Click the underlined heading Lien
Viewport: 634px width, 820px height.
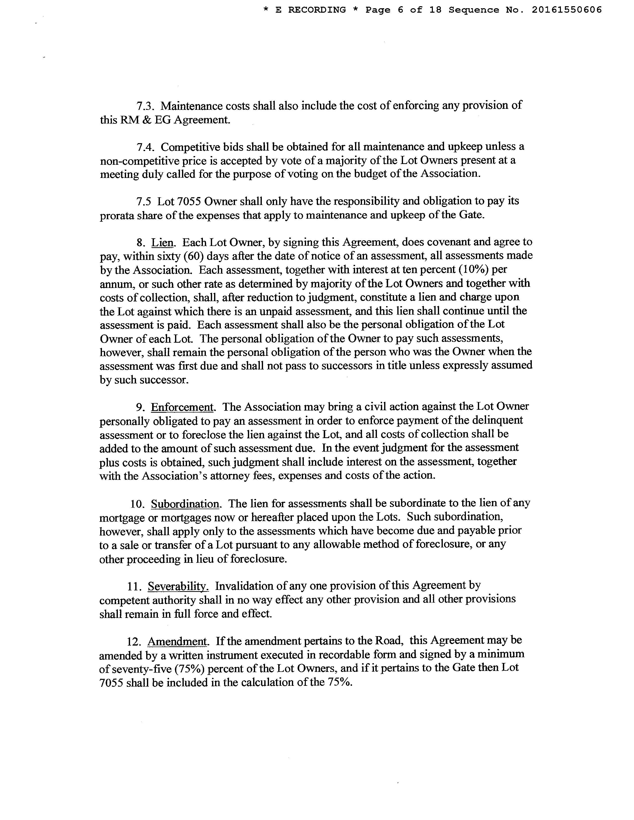click(x=163, y=243)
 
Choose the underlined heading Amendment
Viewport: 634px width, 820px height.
click(x=178, y=641)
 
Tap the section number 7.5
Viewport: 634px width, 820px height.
click(x=144, y=202)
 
